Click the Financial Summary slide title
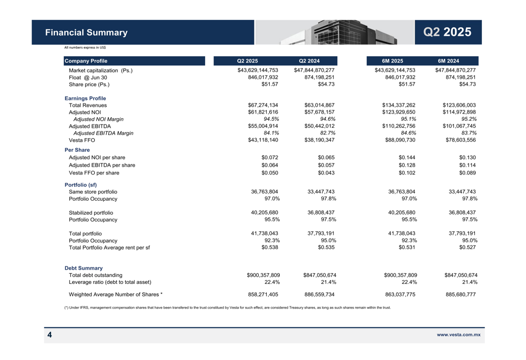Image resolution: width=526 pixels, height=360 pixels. [x=86, y=33]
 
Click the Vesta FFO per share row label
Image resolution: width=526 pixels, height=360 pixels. [x=94, y=173]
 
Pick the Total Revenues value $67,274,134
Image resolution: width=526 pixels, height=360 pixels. [x=263, y=105]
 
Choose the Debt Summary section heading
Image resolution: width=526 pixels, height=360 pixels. [x=84, y=268]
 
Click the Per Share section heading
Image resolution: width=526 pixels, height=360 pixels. [x=77, y=150]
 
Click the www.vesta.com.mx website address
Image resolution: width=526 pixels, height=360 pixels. [x=459, y=334]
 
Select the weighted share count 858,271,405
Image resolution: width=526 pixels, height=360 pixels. [x=263, y=295]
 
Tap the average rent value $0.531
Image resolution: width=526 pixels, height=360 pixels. [x=407, y=247]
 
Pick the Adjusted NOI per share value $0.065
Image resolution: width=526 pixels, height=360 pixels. [x=326, y=157]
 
